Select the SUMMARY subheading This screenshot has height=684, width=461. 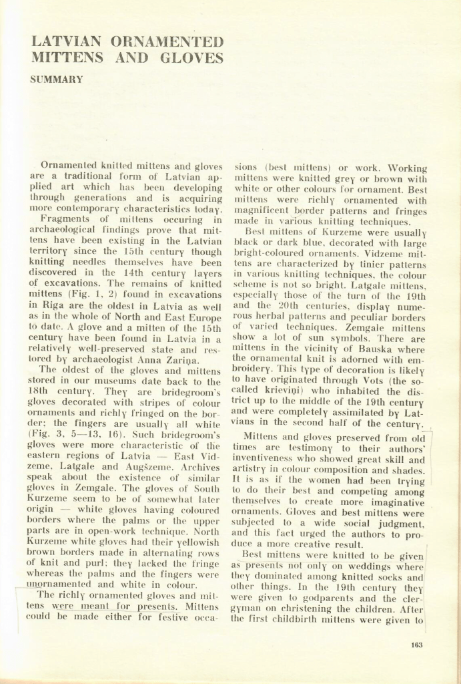(x=57, y=79)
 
